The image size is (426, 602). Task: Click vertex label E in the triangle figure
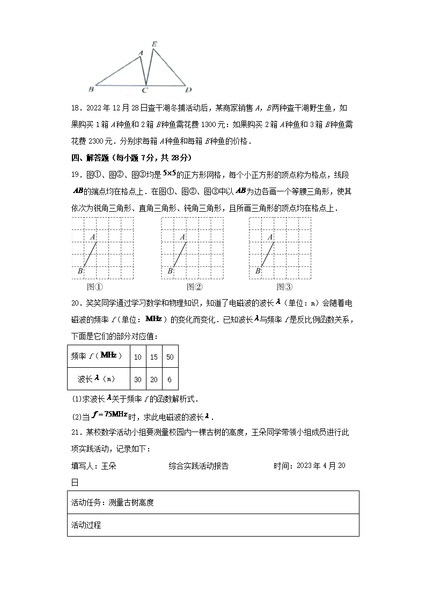[x=155, y=44]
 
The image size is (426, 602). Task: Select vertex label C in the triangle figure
[x=145, y=90]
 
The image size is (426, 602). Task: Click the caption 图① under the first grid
[x=95, y=286]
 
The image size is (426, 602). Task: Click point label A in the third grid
[x=270, y=237]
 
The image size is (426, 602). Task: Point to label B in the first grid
[x=80, y=271]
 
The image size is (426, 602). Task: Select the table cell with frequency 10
[x=138, y=356]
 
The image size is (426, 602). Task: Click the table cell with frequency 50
[x=170, y=356]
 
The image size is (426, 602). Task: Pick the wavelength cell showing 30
[x=138, y=379]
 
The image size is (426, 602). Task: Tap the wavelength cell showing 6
[x=170, y=379]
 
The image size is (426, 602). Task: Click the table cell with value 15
[x=154, y=356]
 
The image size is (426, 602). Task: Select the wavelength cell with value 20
[x=154, y=379]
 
